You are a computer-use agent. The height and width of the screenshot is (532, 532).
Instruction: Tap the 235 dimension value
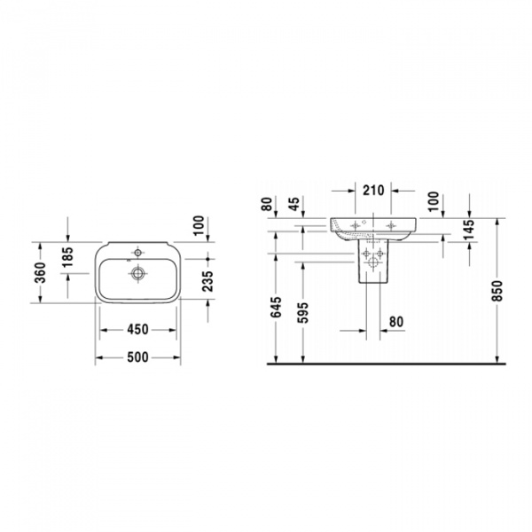[207, 282]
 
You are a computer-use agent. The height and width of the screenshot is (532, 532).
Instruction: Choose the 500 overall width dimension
[137, 357]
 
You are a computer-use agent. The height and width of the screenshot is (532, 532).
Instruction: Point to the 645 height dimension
[277, 308]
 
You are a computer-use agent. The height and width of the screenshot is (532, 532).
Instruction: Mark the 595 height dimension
[305, 312]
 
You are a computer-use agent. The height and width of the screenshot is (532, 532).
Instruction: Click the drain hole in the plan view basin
[137, 273]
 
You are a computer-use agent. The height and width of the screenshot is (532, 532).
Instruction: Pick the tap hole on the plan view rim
[137, 249]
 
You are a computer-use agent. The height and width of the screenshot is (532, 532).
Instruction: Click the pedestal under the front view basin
[372, 263]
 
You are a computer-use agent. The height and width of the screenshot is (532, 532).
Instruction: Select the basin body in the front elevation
[372, 227]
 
